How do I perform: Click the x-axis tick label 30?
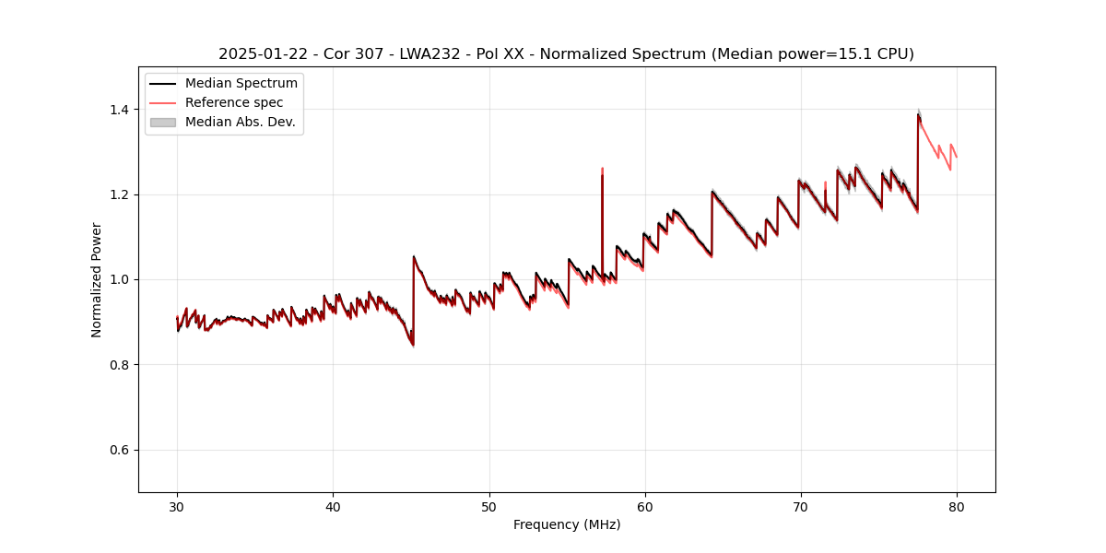tap(177, 506)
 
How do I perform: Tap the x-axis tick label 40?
tap(333, 506)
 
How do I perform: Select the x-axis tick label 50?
tap(488, 506)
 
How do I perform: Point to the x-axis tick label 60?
tap(645, 506)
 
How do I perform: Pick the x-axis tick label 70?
tap(801, 506)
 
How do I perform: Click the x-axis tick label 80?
tap(957, 506)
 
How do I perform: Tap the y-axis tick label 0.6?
tap(121, 450)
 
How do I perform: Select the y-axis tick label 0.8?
tap(121, 365)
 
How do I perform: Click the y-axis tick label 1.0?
tap(121, 279)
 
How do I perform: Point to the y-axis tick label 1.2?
tap(121, 194)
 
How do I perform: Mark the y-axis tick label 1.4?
tap(121, 110)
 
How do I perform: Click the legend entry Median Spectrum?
tap(241, 84)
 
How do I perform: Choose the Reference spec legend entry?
tap(234, 102)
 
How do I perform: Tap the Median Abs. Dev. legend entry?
tap(240, 122)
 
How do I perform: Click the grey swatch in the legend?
tap(163, 122)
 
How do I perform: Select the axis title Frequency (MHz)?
tap(567, 524)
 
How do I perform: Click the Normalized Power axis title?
tap(97, 279)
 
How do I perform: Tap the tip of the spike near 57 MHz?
tap(602, 170)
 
